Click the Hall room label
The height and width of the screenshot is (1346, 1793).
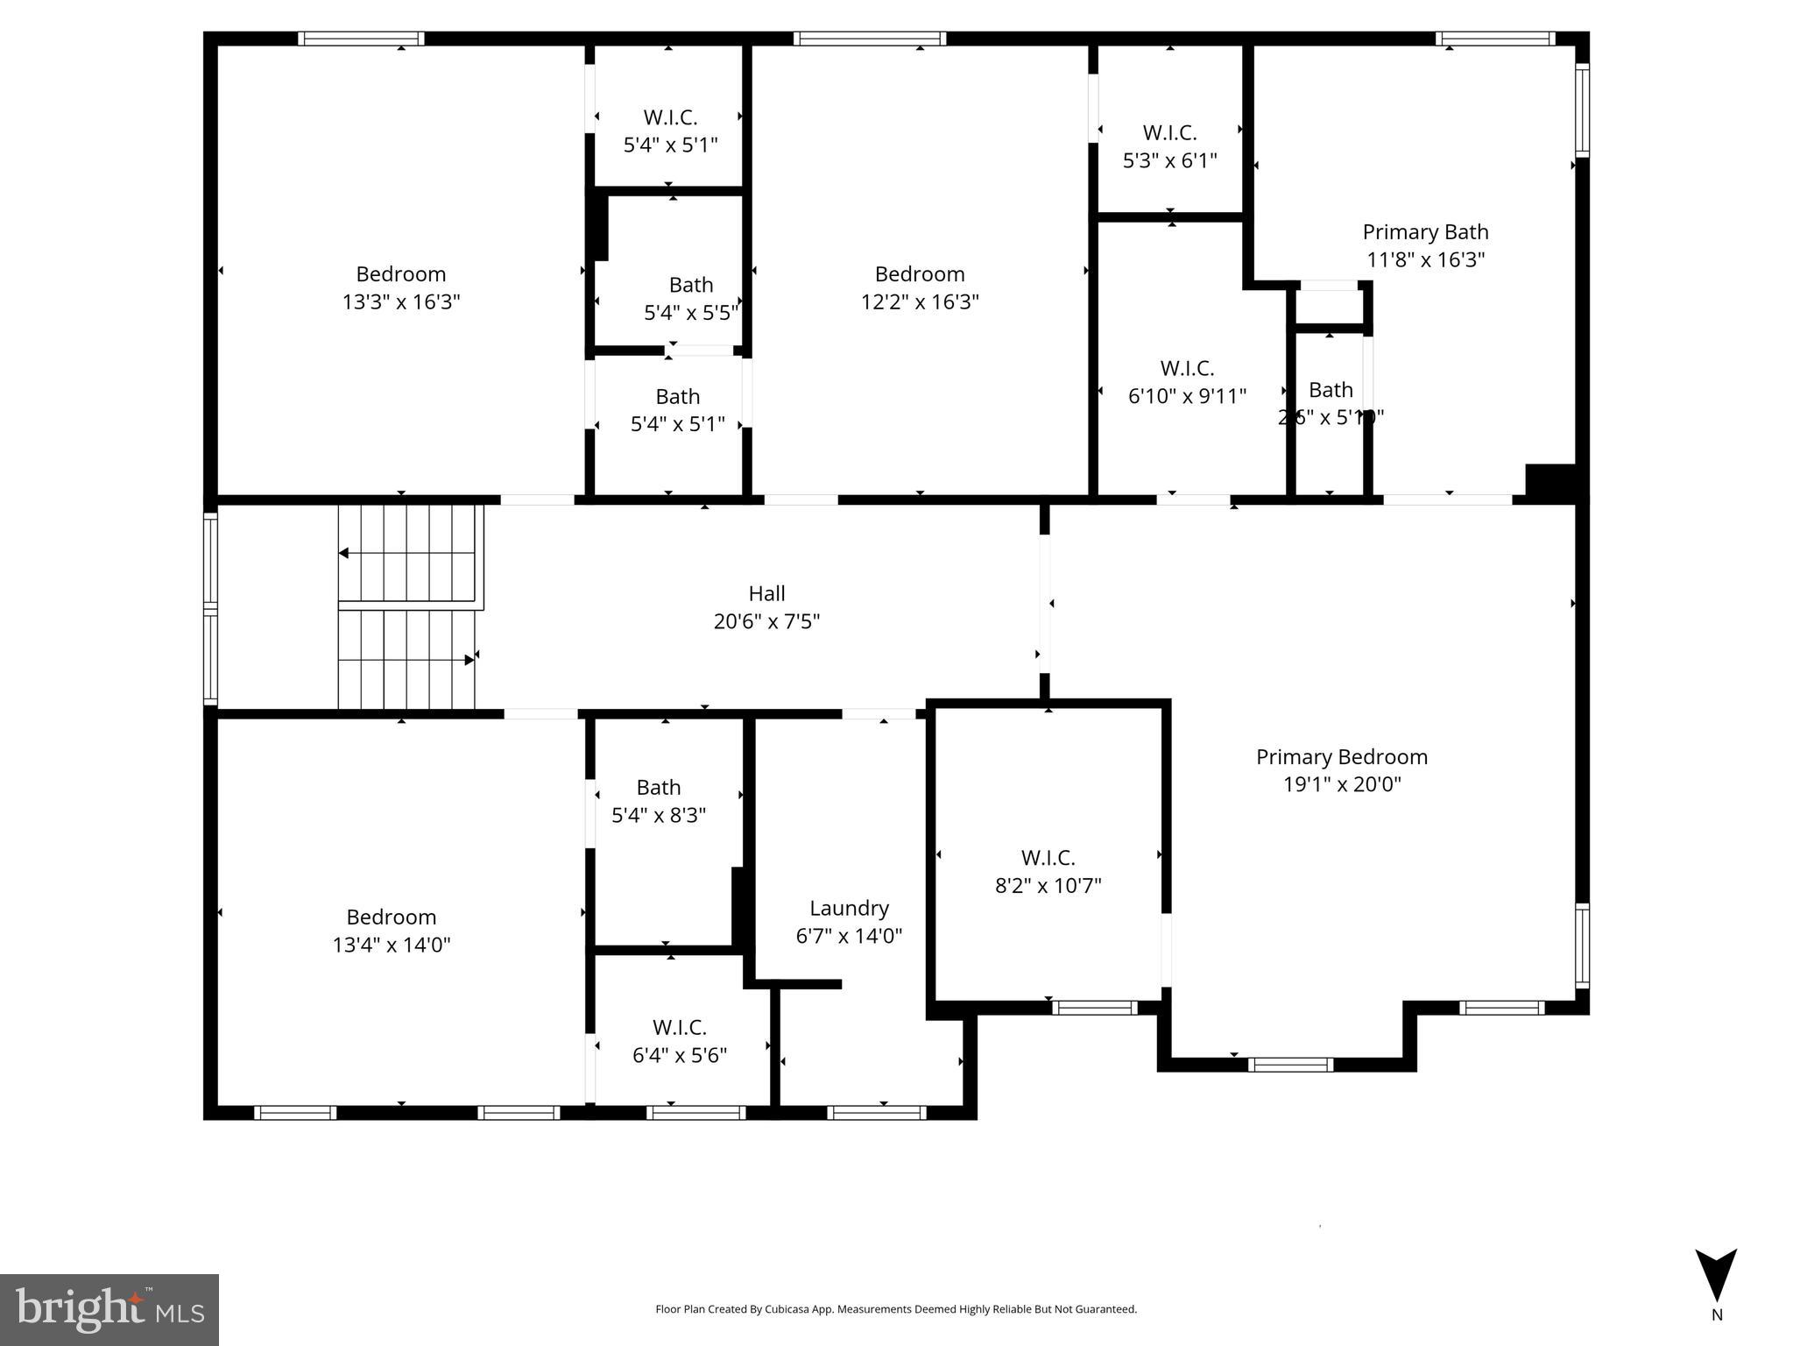[766, 593]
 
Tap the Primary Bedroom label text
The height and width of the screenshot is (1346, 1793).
[1341, 757]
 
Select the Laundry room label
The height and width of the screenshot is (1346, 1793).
[849, 908]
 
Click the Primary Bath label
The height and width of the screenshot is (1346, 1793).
[1425, 232]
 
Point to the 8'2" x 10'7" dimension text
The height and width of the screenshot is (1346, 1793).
[1048, 885]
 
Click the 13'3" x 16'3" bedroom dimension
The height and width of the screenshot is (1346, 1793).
[401, 302]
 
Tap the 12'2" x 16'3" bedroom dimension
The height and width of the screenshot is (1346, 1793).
[920, 302]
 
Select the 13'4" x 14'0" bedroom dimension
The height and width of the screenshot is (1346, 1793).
[392, 945]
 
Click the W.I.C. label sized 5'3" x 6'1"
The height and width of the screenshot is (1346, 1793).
[1169, 133]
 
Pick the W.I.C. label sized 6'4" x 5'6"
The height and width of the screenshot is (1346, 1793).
[679, 1027]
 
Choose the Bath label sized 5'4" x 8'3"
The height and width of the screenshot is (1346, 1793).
[659, 788]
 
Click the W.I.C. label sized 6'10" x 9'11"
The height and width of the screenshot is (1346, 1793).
[1187, 368]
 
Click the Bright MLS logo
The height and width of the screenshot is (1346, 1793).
[109, 1309]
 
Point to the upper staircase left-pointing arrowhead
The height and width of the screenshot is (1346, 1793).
[344, 553]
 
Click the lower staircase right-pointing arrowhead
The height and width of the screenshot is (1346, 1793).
[469, 660]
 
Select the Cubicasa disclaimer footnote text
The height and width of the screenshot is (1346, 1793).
[896, 1309]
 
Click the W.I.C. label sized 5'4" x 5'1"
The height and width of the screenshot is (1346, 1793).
[670, 117]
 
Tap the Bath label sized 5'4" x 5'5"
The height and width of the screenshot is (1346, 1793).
[691, 285]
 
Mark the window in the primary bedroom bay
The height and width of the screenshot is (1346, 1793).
[1290, 1065]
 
